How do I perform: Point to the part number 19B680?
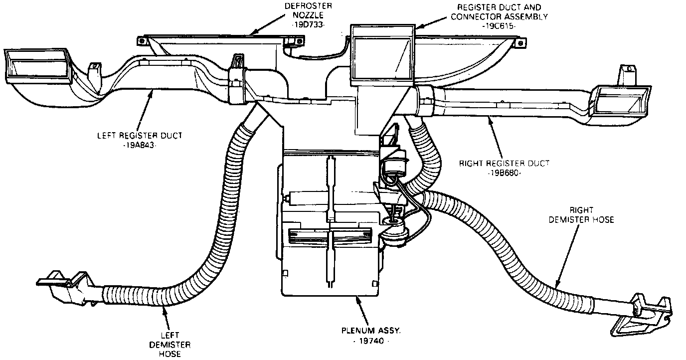(504, 172)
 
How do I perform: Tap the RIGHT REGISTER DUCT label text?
(504, 163)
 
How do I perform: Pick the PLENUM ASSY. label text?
(369, 331)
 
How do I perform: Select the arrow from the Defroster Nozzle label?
(267, 24)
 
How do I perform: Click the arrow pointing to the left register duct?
(145, 110)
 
